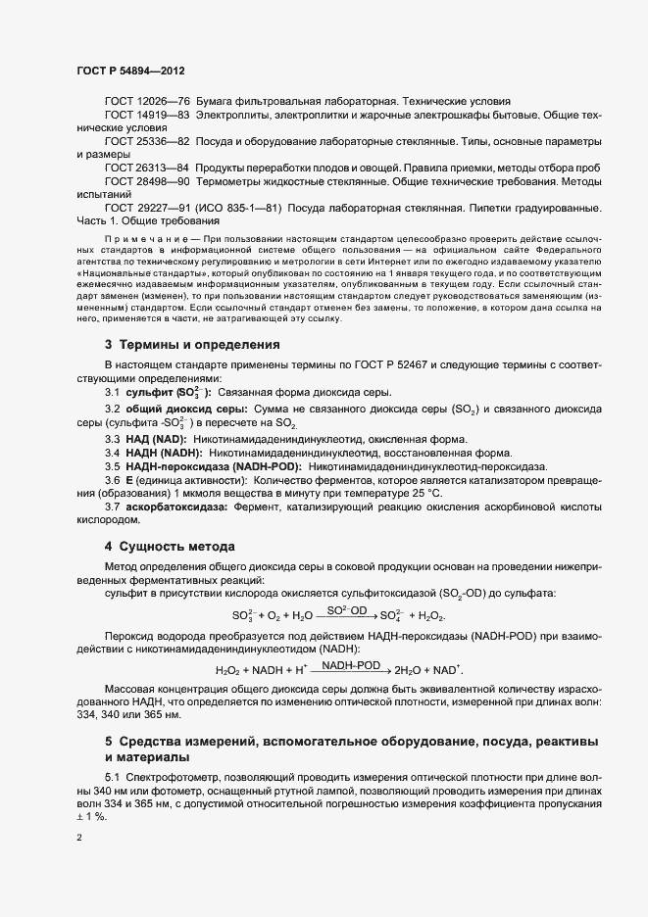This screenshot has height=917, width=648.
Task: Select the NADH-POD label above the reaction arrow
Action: click(x=351, y=665)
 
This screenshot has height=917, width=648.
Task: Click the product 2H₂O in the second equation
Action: click(x=411, y=671)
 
